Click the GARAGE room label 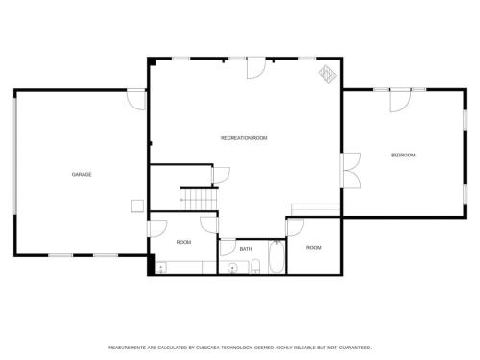point(82,174)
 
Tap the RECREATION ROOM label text point(244,138)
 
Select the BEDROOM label point(403,156)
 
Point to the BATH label point(246,249)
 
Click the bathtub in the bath point(277,257)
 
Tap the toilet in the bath point(255,266)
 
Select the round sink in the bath point(232,268)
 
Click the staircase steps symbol point(199,199)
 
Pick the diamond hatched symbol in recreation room point(327,74)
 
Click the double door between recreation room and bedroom point(351,170)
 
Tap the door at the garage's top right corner point(136,100)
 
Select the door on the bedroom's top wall point(399,101)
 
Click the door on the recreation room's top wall point(256,68)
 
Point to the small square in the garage point(137,205)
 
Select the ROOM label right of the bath point(314,248)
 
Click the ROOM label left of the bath point(183,242)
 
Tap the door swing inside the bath point(228,248)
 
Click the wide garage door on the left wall point(14,155)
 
